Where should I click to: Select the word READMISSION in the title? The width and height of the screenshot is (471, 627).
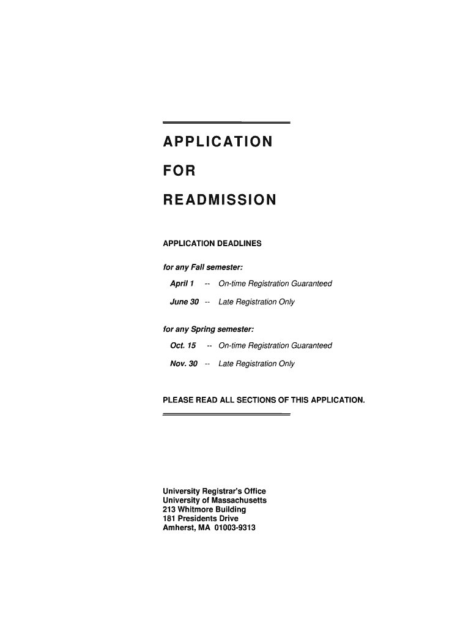219,200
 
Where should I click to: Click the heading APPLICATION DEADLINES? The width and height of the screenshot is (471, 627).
212,244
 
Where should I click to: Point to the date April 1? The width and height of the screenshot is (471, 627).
182,283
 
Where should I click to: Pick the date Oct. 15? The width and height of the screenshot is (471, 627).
183,345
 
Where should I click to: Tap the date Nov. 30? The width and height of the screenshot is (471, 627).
184,364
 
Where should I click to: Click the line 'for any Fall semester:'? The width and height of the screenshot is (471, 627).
202,267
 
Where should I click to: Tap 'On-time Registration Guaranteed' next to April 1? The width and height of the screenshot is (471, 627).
275,283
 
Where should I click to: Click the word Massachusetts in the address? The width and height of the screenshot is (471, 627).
239,500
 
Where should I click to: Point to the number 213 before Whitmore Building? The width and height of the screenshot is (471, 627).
169,509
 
